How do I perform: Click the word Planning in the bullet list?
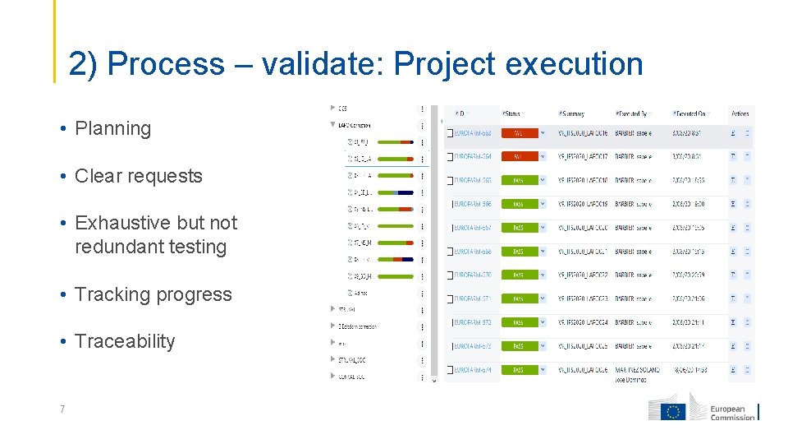coord(112,129)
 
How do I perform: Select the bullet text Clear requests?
coord(138,176)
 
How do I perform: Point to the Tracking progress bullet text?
coord(153,294)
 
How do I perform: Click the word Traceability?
coord(125,341)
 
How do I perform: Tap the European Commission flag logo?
coord(675,411)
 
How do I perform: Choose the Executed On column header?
coord(689,113)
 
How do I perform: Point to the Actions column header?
coord(740,113)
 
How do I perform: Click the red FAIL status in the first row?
coord(518,132)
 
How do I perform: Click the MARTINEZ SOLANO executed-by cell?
coord(636,370)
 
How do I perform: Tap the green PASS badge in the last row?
coord(518,370)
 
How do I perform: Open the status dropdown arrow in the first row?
coord(543,132)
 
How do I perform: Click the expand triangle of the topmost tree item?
coord(332,108)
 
